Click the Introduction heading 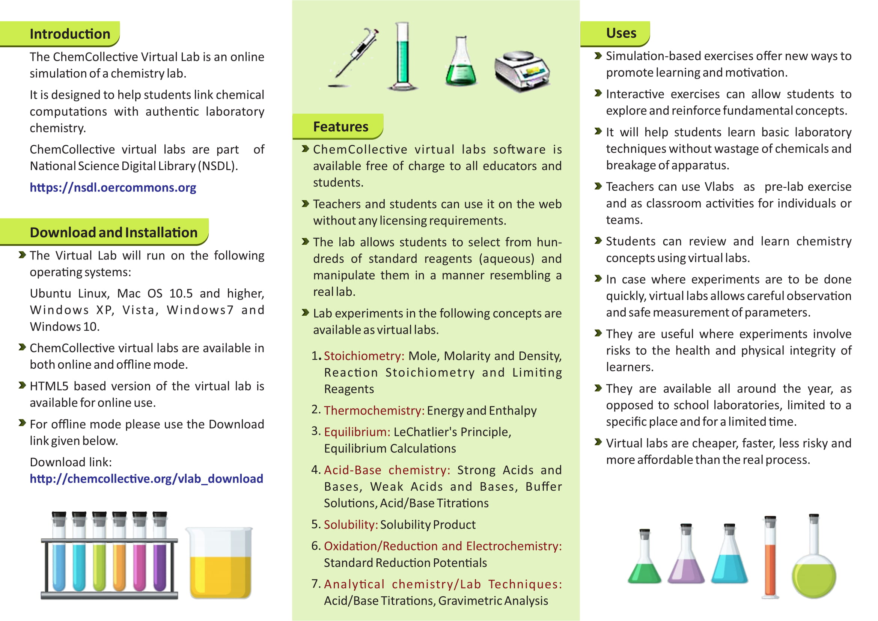(70, 34)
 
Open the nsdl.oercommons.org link (113, 187)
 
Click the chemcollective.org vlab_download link (146, 479)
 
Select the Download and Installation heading (114, 232)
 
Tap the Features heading (340, 127)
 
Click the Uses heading (621, 33)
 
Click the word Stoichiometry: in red (364, 356)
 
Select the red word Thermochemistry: (374, 411)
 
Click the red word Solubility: (351, 525)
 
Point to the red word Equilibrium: (357, 432)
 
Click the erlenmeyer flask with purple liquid (687, 558)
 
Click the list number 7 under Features (315, 584)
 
